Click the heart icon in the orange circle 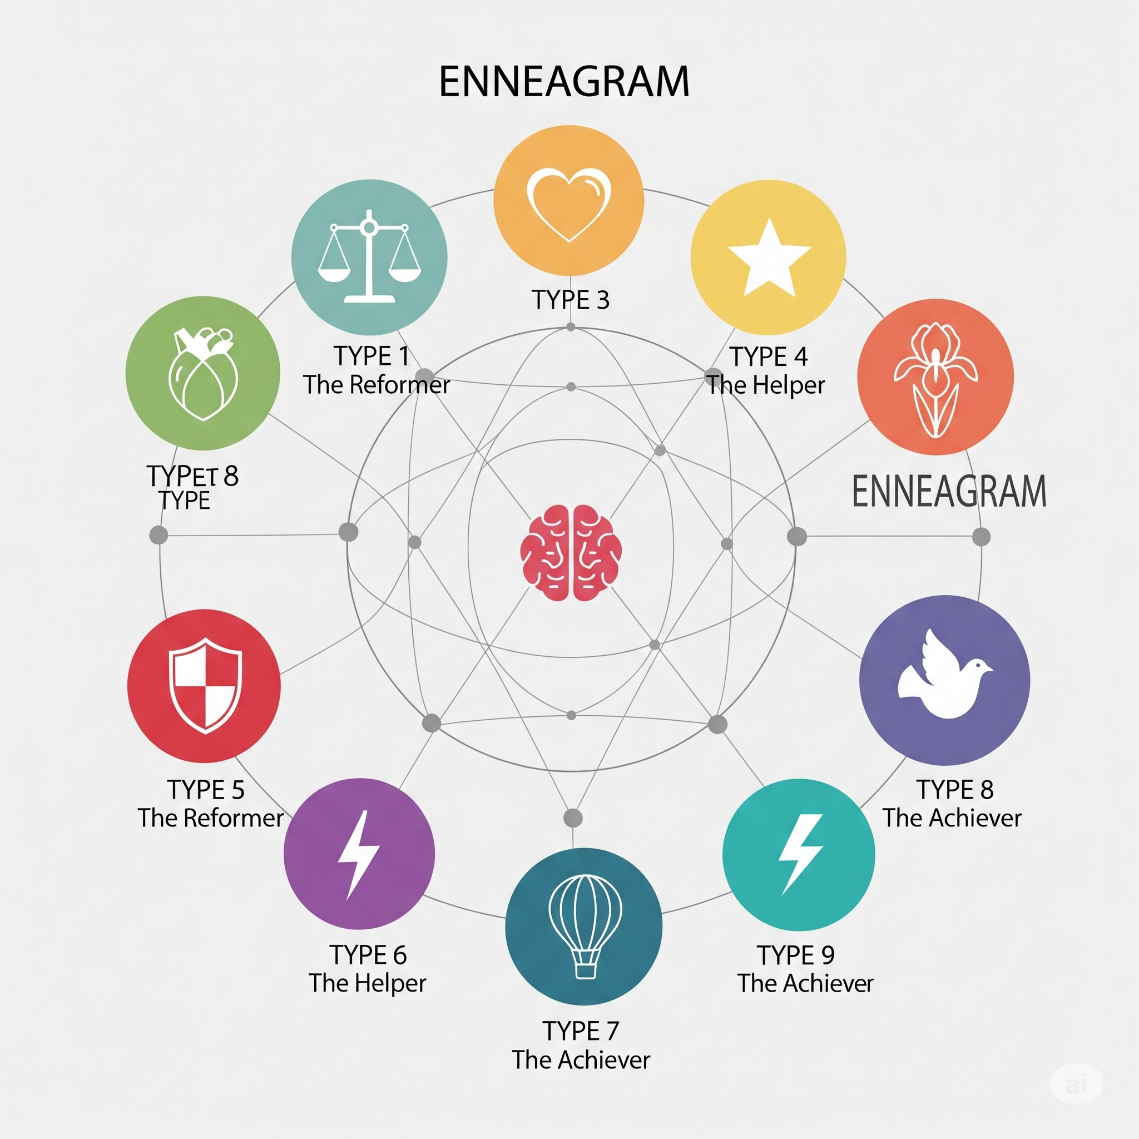click(x=569, y=204)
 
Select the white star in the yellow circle click(x=769, y=257)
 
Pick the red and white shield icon click(x=205, y=686)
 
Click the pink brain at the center click(x=571, y=552)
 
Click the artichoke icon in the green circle click(x=203, y=374)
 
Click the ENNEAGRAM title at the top click(x=564, y=81)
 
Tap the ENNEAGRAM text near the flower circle click(x=949, y=491)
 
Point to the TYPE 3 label click(x=571, y=300)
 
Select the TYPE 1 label click(x=372, y=356)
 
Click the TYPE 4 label click(x=768, y=356)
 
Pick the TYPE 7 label click(x=581, y=1031)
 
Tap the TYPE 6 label click(x=368, y=955)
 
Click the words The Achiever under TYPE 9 click(x=805, y=983)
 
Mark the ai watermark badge click(x=1077, y=1083)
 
